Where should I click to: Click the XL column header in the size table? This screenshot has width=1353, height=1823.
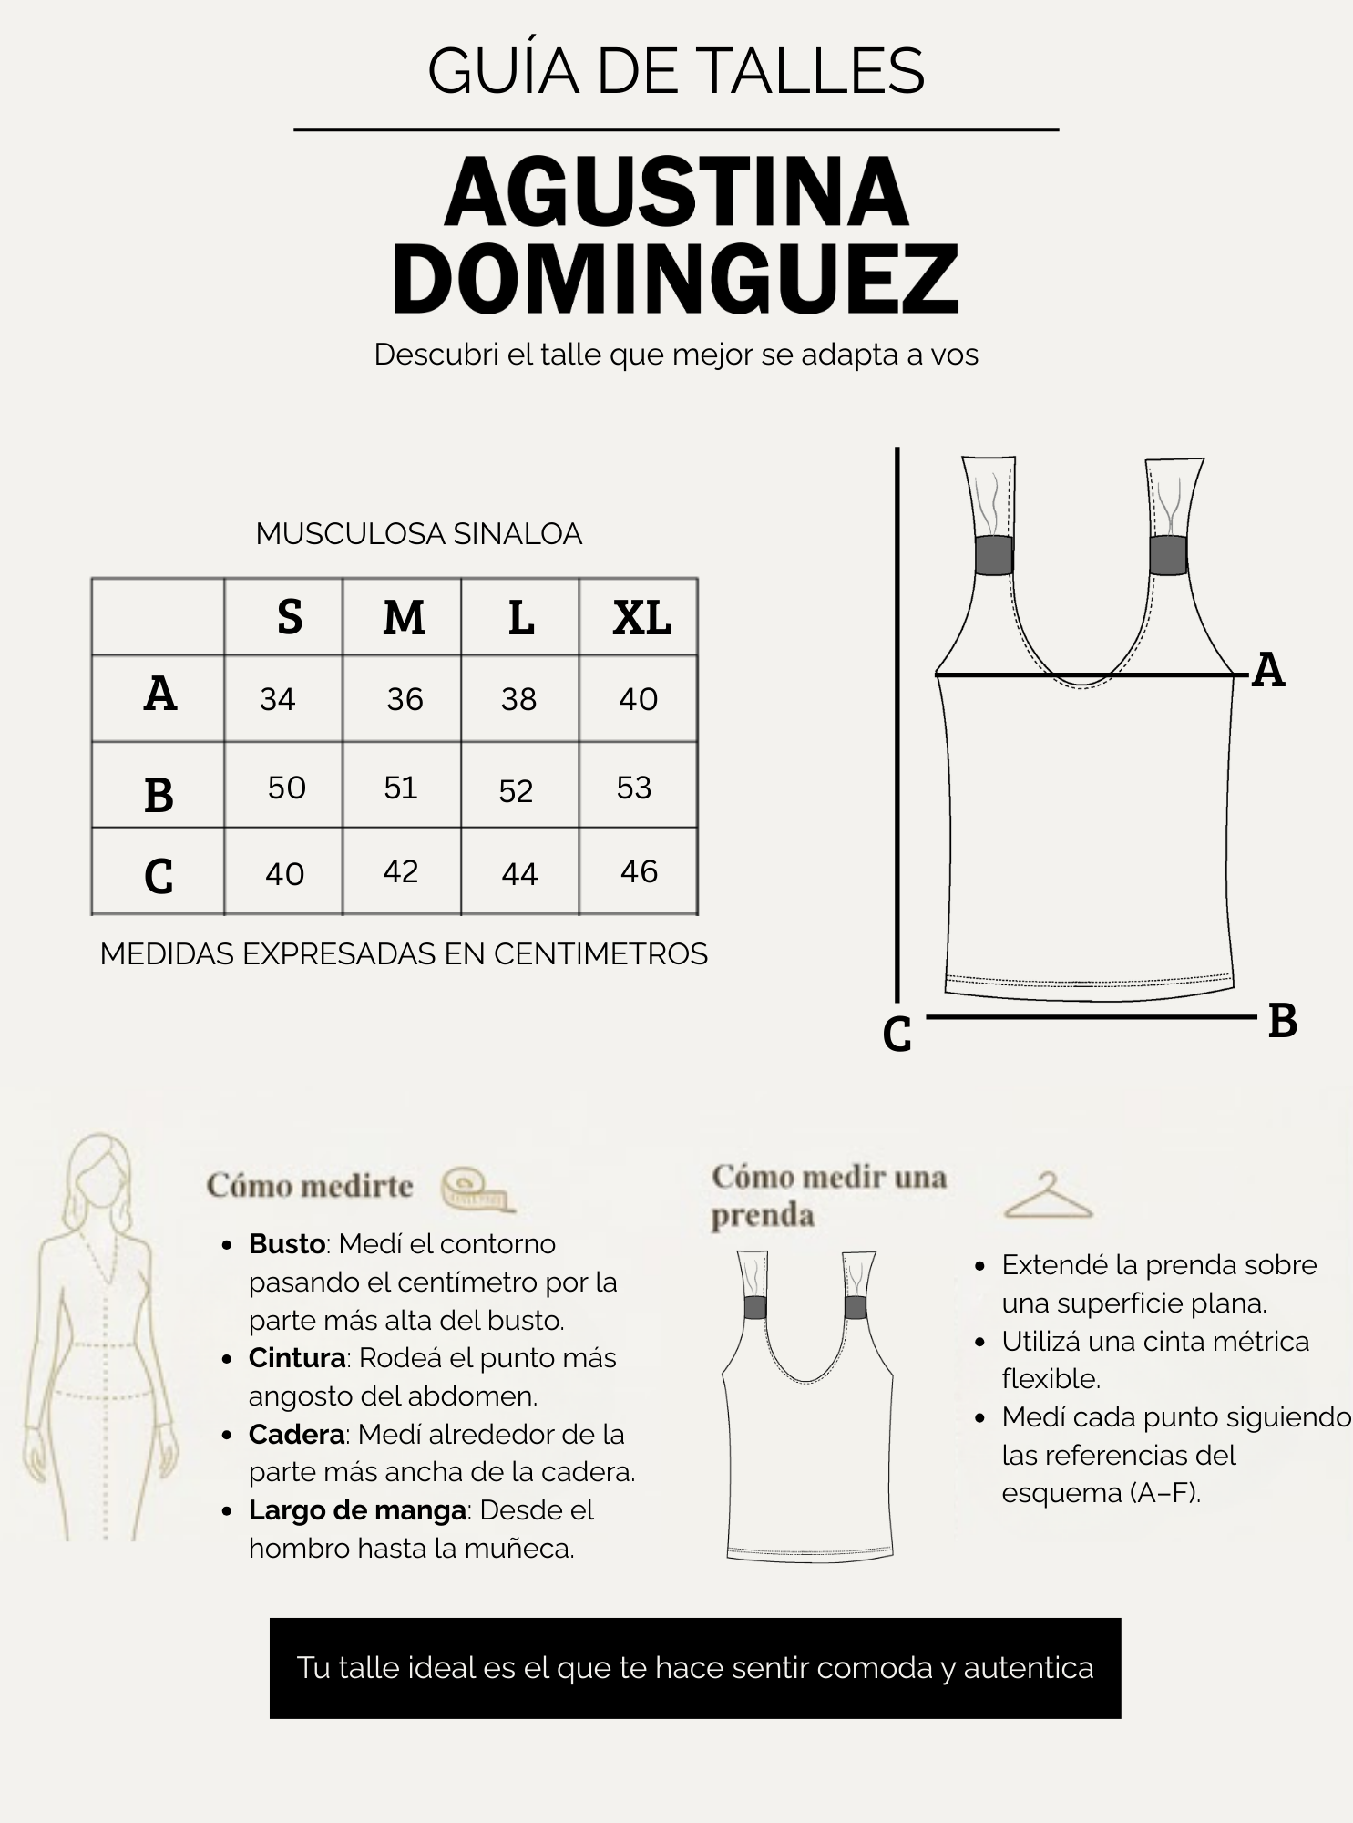[x=642, y=618]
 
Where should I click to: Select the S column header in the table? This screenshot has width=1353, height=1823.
[x=290, y=618]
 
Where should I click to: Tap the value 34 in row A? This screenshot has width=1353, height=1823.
[x=278, y=699]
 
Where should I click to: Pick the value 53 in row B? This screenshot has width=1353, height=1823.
[x=634, y=788]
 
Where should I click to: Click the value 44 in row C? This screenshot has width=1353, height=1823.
[x=519, y=874]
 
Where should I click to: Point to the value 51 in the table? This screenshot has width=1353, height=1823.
[x=400, y=788]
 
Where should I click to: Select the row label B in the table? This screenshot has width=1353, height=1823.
[x=159, y=795]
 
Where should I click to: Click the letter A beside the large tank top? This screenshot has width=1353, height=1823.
[x=1268, y=671]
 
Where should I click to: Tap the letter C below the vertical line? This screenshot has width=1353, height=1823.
[x=897, y=1035]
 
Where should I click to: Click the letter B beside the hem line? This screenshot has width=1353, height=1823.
[x=1283, y=1021]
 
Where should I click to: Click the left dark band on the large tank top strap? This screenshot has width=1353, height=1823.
[x=994, y=555]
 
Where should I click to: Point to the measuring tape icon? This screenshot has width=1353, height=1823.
[x=477, y=1190]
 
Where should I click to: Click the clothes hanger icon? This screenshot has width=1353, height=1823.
[x=1048, y=1196]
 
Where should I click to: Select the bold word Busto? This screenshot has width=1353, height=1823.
[x=287, y=1244]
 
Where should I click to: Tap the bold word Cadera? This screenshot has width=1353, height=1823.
[x=297, y=1435]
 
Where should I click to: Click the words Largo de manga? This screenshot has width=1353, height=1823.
[x=358, y=1510]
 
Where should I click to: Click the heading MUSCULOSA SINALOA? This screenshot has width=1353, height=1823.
[x=419, y=534]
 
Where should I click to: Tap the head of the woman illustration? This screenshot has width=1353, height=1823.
[x=100, y=1176]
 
